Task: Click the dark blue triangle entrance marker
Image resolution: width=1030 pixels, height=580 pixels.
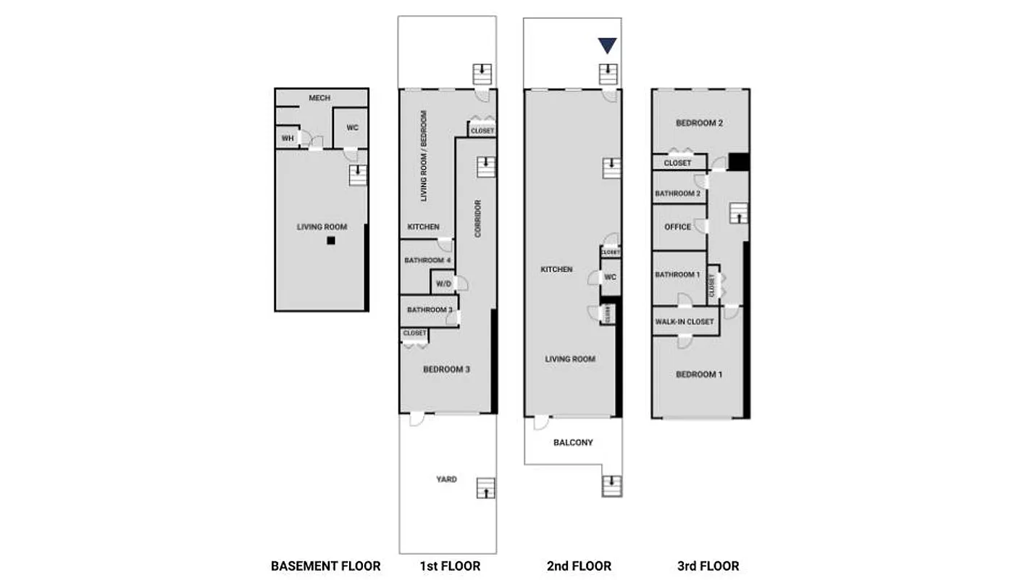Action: click(607, 46)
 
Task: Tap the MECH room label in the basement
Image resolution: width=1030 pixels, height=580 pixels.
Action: click(319, 98)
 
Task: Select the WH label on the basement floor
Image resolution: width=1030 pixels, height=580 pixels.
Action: click(288, 138)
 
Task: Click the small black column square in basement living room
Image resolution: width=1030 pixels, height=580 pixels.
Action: click(331, 241)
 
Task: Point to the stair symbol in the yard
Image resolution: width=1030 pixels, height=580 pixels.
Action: click(486, 488)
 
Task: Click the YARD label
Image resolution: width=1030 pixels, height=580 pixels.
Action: click(446, 479)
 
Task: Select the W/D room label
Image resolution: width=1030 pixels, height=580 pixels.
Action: click(443, 283)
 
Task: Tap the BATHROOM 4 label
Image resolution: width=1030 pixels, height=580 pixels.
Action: click(427, 260)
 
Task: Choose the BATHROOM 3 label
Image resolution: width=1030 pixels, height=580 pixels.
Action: click(430, 310)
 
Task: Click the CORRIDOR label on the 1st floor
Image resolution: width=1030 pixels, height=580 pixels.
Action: click(477, 219)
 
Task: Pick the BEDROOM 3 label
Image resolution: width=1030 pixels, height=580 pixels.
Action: click(446, 369)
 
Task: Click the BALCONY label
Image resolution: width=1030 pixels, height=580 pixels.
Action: click(573, 442)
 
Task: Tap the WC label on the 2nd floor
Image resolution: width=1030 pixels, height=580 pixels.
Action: click(610, 277)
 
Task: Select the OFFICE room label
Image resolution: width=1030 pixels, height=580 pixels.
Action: click(677, 227)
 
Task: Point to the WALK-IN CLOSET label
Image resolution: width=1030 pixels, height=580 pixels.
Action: click(684, 321)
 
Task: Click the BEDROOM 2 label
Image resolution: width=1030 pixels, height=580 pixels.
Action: click(699, 123)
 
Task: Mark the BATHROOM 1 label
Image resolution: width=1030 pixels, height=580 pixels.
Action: click(677, 275)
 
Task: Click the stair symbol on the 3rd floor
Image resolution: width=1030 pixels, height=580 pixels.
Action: click(737, 213)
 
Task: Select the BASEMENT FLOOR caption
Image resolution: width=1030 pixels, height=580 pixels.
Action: click(325, 566)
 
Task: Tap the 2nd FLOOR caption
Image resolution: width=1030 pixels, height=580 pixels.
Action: click(579, 566)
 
